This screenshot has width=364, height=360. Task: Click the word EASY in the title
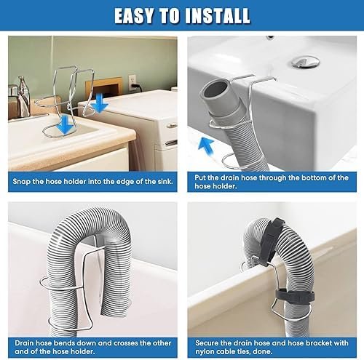(x=134, y=16)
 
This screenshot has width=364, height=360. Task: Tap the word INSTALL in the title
(x=218, y=16)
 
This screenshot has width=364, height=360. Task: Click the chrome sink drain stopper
(x=306, y=61)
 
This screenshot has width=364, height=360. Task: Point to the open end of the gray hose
(x=215, y=89)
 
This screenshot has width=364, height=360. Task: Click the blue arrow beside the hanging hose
(x=206, y=146)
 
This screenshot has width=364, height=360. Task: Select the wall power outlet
(x=132, y=82)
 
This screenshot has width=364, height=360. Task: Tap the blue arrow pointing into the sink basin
(x=64, y=124)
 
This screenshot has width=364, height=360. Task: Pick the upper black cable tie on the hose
(x=272, y=240)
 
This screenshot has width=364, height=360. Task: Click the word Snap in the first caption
(x=21, y=182)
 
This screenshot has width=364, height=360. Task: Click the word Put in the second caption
(x=200, y=177)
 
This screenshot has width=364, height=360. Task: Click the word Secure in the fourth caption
(x=207, y=343)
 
